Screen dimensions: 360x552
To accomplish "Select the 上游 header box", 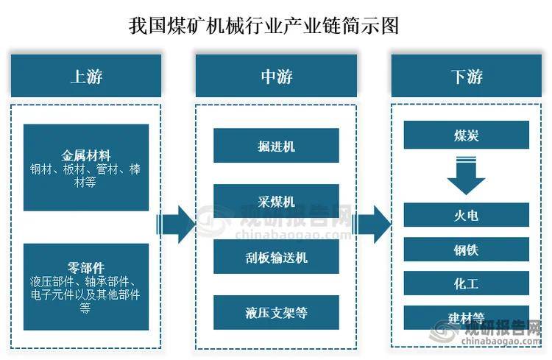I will point(86,77).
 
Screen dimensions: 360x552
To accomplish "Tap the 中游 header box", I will point(276,77).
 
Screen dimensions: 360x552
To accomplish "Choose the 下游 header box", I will point(467,77).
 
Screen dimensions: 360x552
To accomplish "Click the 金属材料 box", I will point(86,168).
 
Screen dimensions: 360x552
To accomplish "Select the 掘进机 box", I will point(276,146).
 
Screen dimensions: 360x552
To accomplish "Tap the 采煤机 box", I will point(276,201).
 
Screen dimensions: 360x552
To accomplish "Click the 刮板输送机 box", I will point(276,257).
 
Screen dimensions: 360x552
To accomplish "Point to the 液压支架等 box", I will point(276,313).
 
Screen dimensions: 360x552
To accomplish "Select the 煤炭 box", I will point(467,135).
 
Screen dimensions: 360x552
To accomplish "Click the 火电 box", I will point(467,216).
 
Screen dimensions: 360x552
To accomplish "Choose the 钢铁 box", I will point(467,250).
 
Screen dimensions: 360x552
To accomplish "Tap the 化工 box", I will point(467,283).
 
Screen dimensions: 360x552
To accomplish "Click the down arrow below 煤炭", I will point(467,176).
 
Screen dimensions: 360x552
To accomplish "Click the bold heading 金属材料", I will point(86,156).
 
